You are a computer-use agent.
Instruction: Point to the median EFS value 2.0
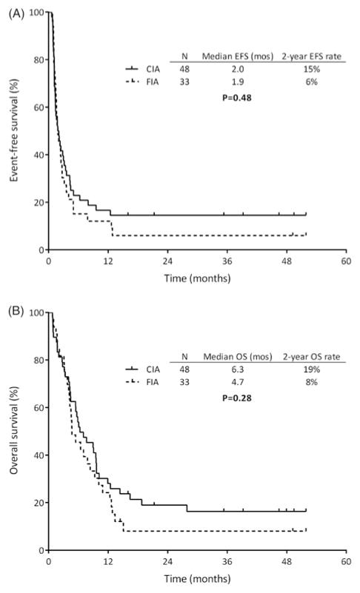point(230,69)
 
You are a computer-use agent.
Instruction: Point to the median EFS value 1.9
point(230,82)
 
